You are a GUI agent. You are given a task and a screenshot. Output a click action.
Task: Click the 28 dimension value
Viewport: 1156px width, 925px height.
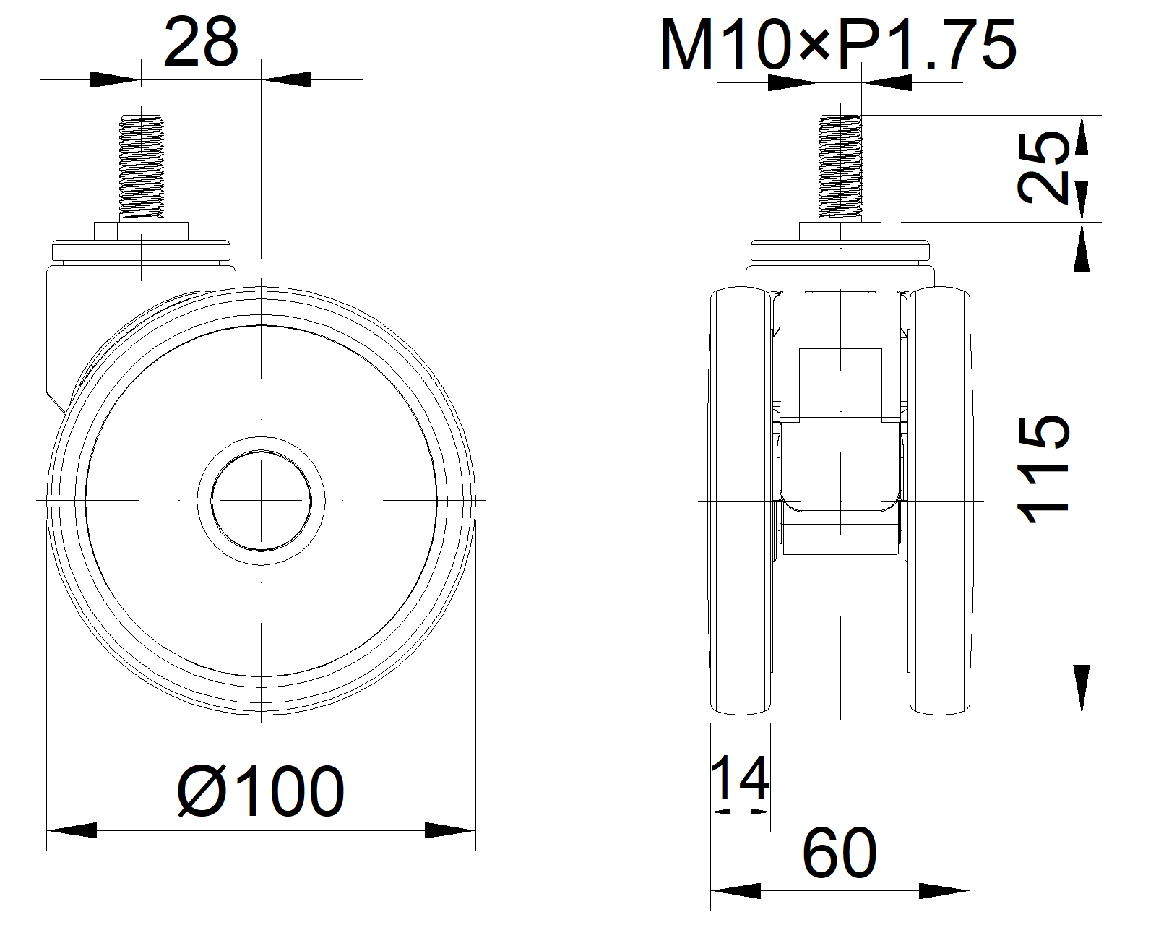(x=200, y=43)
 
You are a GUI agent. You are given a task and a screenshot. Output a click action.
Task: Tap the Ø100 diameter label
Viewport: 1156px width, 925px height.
(x=261, y=791)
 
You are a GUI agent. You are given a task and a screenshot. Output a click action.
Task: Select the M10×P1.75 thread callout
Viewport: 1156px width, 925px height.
(x=838, y=45)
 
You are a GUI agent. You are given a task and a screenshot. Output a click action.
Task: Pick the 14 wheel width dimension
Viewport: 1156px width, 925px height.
(x=740, y=778)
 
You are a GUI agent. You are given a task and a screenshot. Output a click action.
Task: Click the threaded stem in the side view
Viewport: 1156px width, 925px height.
(x=142, y=167)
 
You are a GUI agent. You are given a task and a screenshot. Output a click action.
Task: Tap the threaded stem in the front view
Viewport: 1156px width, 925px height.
(x=840, y=167)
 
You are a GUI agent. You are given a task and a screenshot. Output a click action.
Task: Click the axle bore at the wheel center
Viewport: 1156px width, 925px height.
(x=261, y=500)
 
